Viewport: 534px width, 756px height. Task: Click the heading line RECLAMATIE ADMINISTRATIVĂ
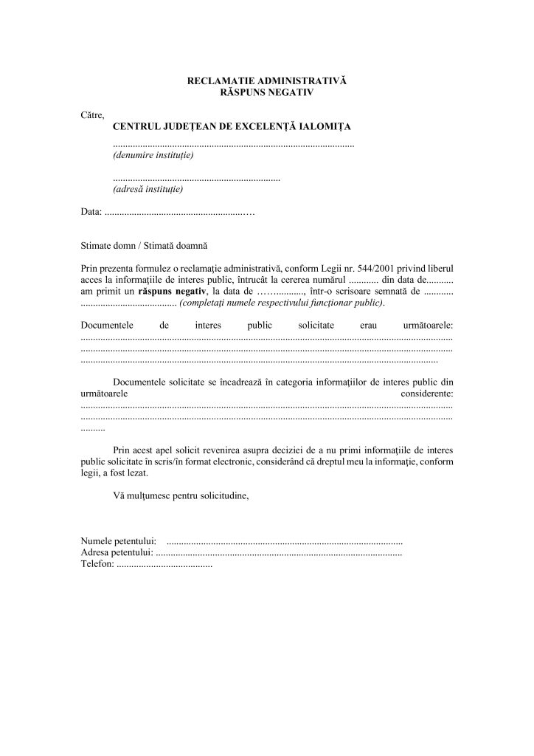pyautogui.click(x=267, y=79)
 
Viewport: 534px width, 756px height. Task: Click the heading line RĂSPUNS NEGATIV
pyautogui.click(x=267, y=92)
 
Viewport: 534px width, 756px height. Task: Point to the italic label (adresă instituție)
pyautogui.click(x=148, y=189)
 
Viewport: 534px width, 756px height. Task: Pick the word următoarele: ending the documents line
pyautogui.click(x=428, y=325)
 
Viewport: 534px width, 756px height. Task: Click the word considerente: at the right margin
pyautogui.click(x=427, y=395)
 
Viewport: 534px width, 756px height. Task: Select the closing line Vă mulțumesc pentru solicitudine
pyautogui.click(x=181, y=496)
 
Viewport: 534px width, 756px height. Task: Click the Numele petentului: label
pyautogui.click(x=118, y=541)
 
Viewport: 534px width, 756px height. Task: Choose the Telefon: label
pyautogui.click(x=97, y=564)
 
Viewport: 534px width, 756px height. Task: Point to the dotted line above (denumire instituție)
pyautogui.click(x=234, y=145)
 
